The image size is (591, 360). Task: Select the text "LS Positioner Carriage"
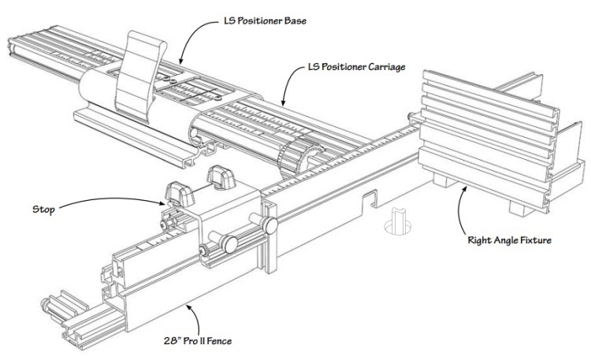point(357,68)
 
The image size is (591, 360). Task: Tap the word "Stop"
point(44,210)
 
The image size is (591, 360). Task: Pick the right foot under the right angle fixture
point(518,208)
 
